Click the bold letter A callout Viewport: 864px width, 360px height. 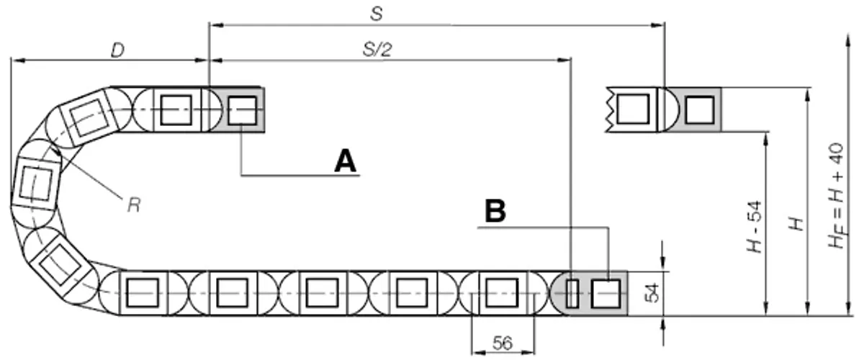(x=345, y=161)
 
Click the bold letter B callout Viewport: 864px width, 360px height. (x=495, y=211)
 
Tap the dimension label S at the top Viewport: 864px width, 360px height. (x=377, y=14)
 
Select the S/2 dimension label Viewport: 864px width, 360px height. (x=377, y=50)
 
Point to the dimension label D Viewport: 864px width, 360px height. (x=117, y=50)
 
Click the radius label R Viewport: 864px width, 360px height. (x=134, y=205)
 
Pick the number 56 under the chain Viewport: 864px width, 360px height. (x=503, y=343)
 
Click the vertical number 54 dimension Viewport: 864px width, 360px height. (x=652, y=293)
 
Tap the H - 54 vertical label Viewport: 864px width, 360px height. (x=755, y=227)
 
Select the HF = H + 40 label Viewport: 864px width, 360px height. (x=837, y=196)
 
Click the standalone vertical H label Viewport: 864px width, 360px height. (x=796, y=224)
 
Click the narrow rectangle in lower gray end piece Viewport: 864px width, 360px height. (x=572, y=294)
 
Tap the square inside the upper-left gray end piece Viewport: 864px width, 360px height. (x=242, y=111)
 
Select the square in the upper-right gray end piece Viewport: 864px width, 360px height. (x=700, y=110)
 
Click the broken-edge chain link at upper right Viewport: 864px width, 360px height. (x=631, y=109)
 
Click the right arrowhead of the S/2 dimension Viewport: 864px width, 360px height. (x=564, y=60)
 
